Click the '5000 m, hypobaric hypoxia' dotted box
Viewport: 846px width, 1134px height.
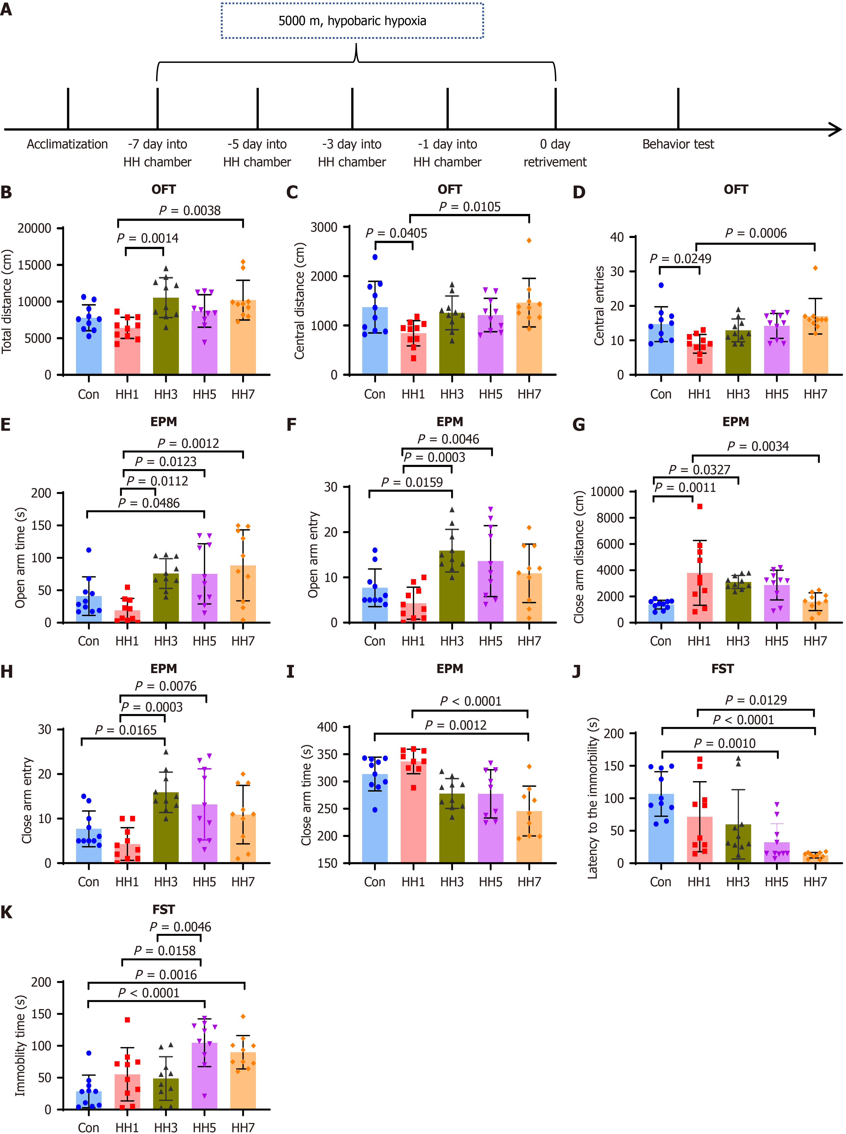[352, 21]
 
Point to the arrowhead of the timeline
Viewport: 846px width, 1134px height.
[836, 129]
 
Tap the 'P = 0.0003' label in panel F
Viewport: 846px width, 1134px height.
[434, 457]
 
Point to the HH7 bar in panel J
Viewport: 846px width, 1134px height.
[815, 859]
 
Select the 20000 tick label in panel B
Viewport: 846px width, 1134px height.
[34, 228]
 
